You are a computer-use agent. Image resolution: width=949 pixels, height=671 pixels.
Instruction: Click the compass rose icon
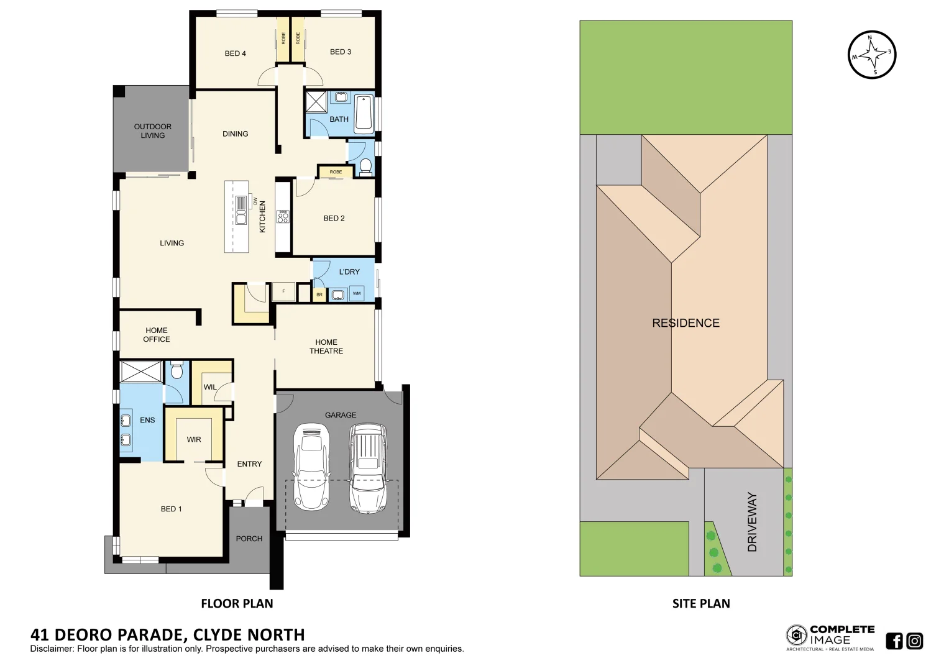(872, 55)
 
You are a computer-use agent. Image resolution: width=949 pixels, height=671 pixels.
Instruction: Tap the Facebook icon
(894, 641)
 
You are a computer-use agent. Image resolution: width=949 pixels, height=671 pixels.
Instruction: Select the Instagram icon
(914, 641)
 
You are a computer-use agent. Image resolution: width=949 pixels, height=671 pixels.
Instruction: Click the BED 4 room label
(235, 53)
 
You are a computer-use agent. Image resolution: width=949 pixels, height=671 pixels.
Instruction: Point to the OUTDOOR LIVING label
(153, 131)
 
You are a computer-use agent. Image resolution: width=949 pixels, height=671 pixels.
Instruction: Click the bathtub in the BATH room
(364, 114)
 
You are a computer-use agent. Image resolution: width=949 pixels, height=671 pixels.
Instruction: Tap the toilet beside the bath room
(365, 167)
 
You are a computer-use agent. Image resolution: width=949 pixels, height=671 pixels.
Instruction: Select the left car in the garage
(311, 466)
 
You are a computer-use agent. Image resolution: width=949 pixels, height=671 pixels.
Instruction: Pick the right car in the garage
(368, 468)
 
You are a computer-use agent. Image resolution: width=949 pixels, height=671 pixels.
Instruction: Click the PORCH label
(249, 539)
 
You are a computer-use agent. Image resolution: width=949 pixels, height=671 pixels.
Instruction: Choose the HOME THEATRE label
(326, 347)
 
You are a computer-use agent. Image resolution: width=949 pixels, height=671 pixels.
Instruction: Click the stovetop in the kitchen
(283, 216)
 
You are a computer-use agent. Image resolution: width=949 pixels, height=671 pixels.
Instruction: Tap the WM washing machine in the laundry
(357, 293)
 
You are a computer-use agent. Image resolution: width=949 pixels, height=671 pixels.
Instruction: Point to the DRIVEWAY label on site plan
(752, 522)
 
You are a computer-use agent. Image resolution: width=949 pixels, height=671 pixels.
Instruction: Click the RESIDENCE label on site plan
(685, 323)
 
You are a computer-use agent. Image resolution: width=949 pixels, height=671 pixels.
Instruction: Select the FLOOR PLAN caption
(237, 603)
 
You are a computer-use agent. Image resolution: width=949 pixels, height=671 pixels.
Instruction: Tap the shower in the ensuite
(141, 372)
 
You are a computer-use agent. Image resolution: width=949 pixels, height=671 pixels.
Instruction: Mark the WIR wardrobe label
(194, 439)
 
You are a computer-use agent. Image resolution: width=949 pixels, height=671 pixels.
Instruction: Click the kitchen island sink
(241, 217)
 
